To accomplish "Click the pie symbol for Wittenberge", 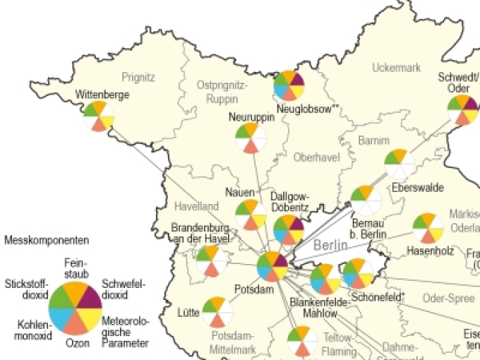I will click(x=98, y=116).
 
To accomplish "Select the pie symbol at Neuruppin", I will click(x=251, y=138).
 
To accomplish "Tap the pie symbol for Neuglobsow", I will click(x=289, y=86).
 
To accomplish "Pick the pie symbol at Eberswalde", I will click(x=400, y=164).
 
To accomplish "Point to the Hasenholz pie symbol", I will click(x=428, y=229).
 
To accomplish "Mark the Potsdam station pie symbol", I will click(x=272, y=267).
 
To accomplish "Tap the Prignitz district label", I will click(x=138, y=77).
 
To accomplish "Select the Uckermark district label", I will click(x=396, y=68).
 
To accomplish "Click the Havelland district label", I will click(x=196, y=206).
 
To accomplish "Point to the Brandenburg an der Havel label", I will click(x=200, y=234).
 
